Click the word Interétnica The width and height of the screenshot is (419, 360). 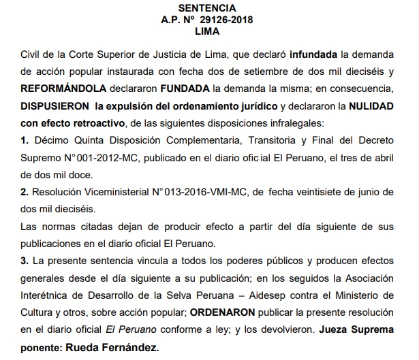pyautogui.click(x=48, y=297)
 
